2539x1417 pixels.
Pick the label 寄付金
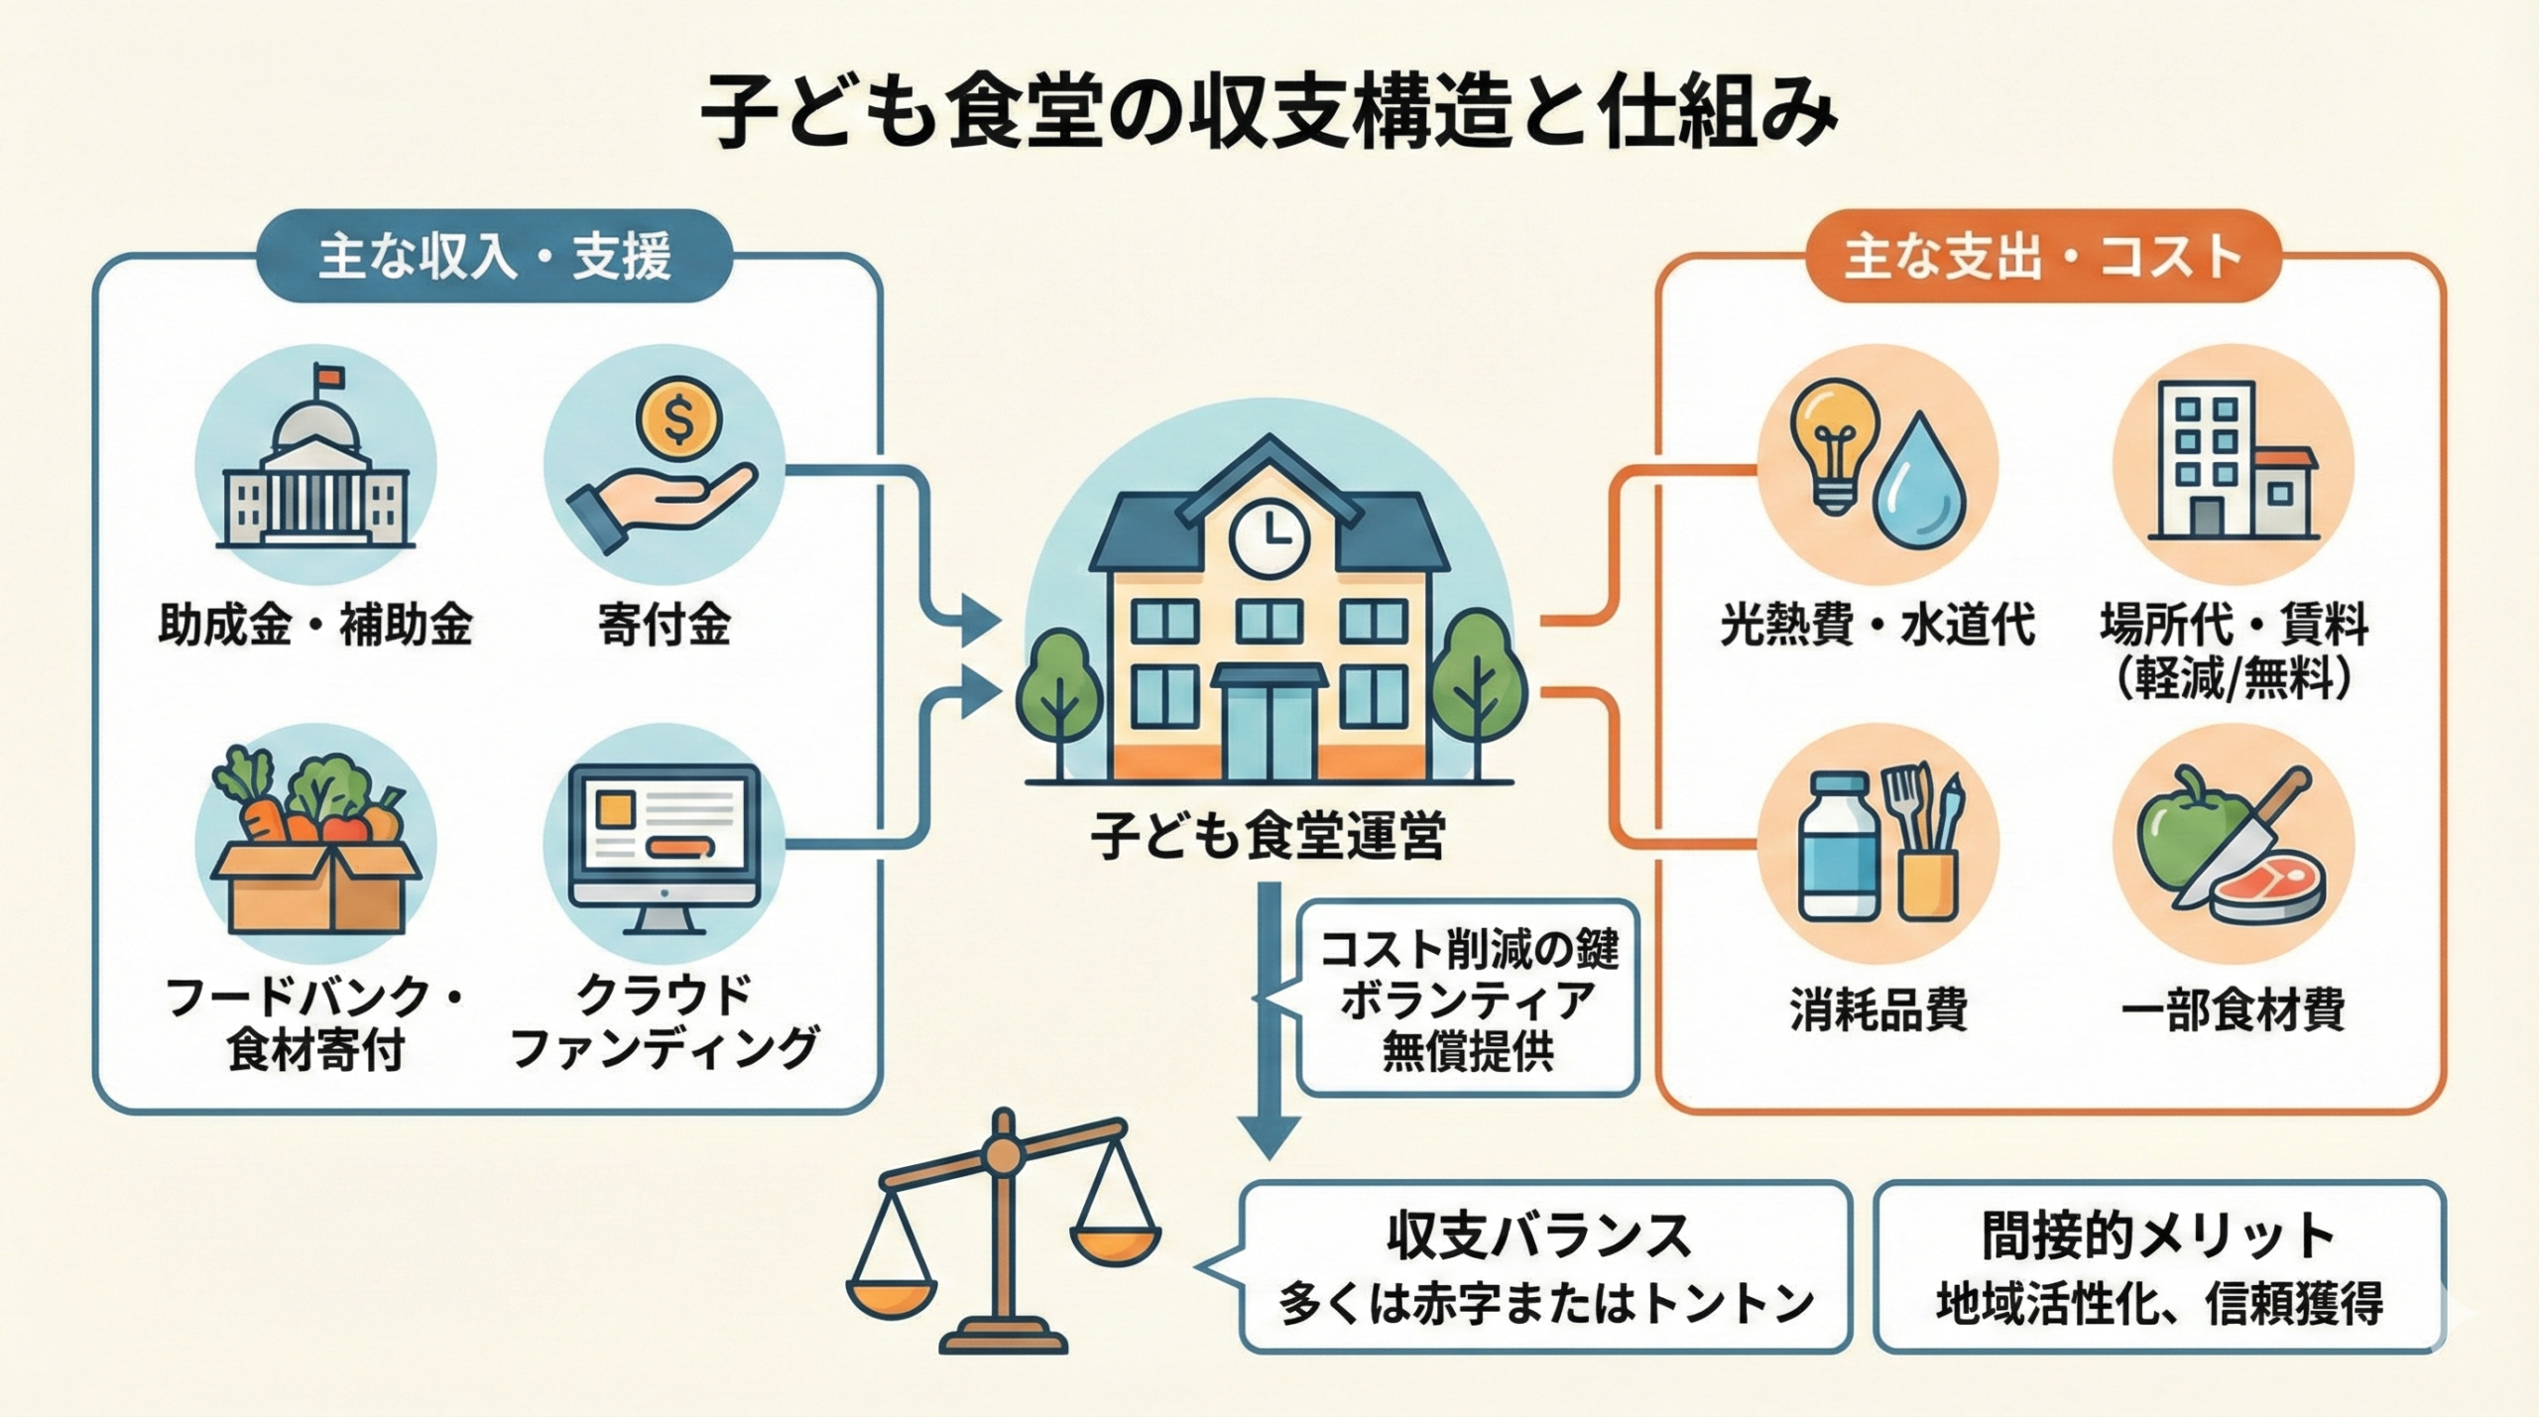coord(665,626)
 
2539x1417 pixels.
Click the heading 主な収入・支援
coord(494,257)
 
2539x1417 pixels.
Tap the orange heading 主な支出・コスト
coord(2043,257)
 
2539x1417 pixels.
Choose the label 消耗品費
coord(1878,1011)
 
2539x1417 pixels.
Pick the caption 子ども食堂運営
coord(1269,836)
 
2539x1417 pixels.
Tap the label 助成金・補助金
coord(315,626)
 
